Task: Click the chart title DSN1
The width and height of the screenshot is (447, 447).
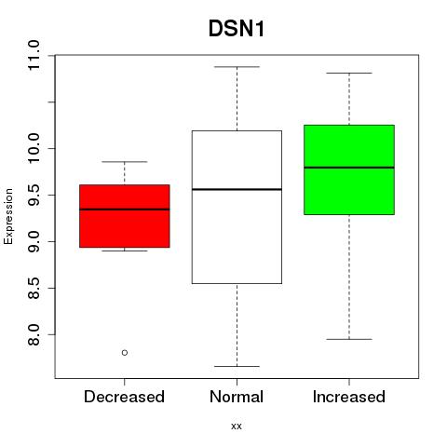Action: click(237, 29)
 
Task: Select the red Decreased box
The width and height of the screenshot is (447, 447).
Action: click(125, 216)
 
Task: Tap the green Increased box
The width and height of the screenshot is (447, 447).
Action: click(349, 169)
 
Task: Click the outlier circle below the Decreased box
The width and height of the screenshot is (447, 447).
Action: click(125, 353)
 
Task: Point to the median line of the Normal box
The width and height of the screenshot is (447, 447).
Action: click(237, 189)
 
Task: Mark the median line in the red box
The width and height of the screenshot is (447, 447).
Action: click(125, 210)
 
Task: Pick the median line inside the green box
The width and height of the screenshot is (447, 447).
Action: click(349, 168)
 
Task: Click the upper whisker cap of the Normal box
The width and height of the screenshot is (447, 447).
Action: click(237, 67)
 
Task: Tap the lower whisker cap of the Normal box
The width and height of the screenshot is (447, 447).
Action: click(237, 366)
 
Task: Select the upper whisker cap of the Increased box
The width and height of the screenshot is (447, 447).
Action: click(349, 73)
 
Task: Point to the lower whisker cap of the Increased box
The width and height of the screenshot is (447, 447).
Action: click(349, 339)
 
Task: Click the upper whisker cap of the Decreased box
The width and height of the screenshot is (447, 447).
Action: click(125, 162)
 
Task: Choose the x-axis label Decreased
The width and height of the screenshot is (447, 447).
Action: click(124, 397)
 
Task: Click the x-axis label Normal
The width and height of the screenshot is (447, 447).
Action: click(237, 397)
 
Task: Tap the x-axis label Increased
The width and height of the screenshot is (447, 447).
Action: click(349, 397)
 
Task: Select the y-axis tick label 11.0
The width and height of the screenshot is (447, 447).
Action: click(34, 56)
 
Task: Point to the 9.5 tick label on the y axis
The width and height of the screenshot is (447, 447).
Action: click(34, 195)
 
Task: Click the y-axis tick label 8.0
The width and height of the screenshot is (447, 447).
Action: click(34, 334)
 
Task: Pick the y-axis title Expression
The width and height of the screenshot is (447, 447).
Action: click(8, 216)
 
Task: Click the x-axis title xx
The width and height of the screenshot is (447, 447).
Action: click(237, 427)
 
